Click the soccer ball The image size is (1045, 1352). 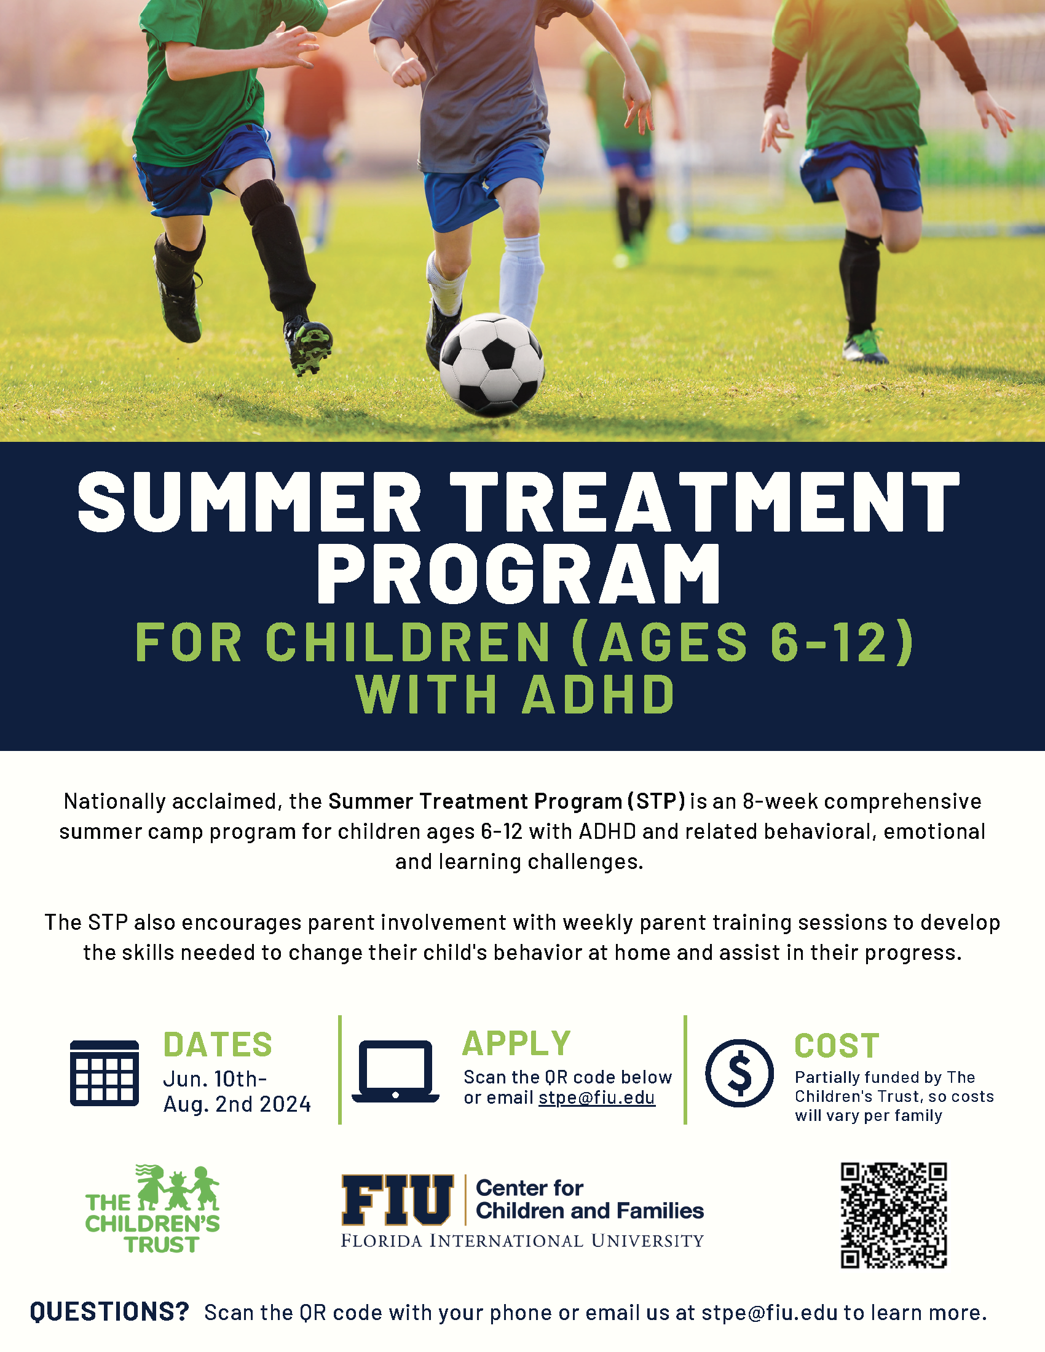pos(492,365)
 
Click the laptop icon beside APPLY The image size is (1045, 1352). pos(395,1072)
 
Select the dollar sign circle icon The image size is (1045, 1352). pos(739,1073)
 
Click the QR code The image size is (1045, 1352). pos(893,1215)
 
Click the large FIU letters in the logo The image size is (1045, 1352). pos(398,1200)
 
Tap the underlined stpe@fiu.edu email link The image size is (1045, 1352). pos(597,1098)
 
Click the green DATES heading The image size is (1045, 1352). pos(217,1045)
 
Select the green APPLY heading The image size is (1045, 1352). pos(516,1043)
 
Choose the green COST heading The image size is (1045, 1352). pos(837,1046)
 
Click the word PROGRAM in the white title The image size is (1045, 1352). pos(519,573)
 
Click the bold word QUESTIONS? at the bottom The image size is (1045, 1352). pos(109,1312)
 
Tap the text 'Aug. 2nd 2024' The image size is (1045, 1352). pos(237,1104)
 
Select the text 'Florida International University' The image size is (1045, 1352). pos(522,1241)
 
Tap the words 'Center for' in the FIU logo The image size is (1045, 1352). pos(529,1188)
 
